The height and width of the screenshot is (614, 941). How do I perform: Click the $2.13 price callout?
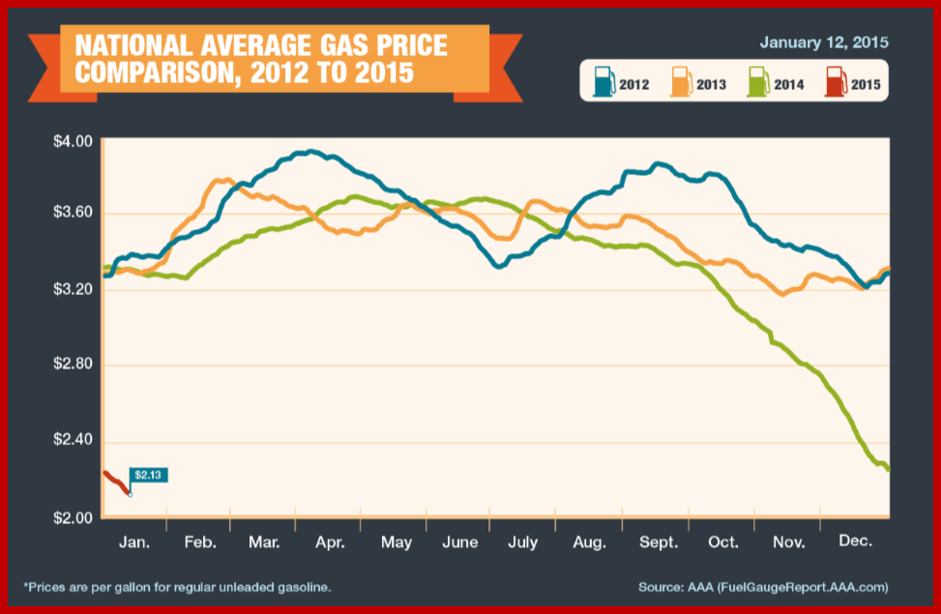pyautogui.click(x=147, y=475)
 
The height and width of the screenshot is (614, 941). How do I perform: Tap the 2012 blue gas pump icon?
pyautogui.click(x=603, y=81)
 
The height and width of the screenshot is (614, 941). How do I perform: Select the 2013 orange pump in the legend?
pyautogui.click(x=681, y=81)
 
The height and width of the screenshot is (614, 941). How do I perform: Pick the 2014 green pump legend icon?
pyautogui.click(x=759, y=81)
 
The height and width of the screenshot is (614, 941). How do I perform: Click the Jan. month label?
pyautogui.click(x=134, y=542)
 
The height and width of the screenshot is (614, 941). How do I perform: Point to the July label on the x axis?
pyautogui.click(x=522, y=542)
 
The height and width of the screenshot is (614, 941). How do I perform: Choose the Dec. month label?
pyautogui.click(x=856, y=542)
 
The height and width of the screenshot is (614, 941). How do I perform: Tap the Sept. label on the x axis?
pyautogui.click(x=658, y=542)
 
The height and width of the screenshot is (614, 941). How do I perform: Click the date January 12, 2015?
pyautogui.click(x=824, y=43)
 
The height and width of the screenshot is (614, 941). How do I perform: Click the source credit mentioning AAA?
pyautogui.click(x=763, y=587)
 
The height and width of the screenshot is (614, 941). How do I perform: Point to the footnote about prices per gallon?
pyautogui.click(x=176, y=587)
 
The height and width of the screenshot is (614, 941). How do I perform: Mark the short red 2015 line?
pyautogui.click(x=114, y=481)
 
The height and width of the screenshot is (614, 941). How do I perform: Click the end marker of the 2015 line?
pyautogui.click(x=130, y=493)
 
